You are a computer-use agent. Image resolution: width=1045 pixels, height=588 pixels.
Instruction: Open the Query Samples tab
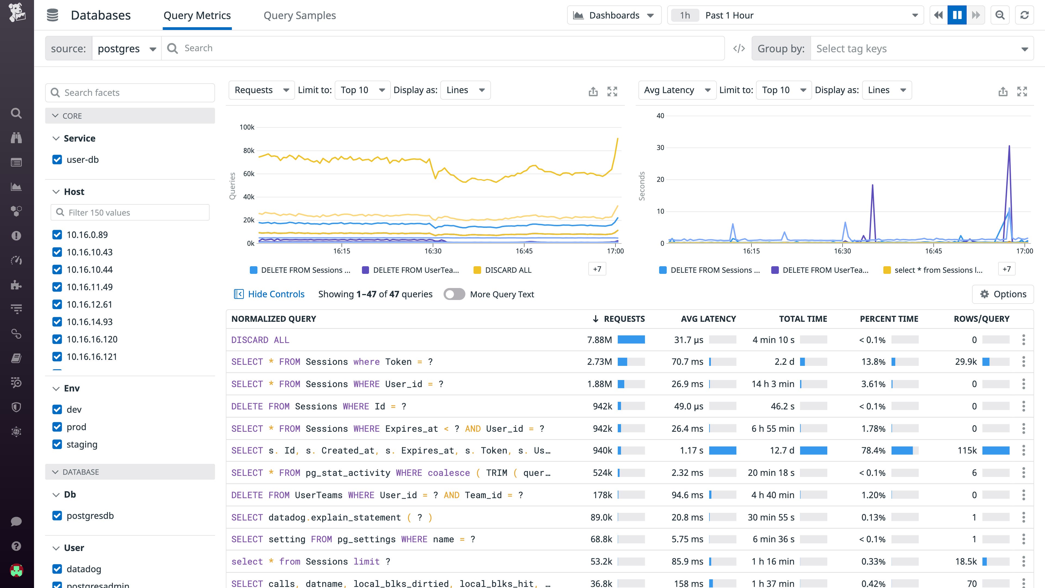[299, 16]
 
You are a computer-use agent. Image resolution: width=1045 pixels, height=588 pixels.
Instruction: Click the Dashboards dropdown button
[614, 16]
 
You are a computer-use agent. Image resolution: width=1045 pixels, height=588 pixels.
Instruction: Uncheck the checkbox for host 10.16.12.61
[57, 304]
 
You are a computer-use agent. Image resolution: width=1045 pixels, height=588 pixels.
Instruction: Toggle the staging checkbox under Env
[57, 444]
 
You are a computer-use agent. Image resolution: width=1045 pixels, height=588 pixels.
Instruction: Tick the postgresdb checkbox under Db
[57, 516]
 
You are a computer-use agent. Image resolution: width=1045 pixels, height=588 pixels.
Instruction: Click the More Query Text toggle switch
[454, 294]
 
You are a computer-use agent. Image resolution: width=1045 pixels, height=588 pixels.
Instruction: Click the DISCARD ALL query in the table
[260, 340]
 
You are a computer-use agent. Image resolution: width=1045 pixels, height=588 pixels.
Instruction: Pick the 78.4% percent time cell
[873, 451]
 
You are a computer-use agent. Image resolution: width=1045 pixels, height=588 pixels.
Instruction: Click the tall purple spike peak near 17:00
[1009, 146]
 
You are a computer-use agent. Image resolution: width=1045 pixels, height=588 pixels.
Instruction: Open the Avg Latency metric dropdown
[677, 90]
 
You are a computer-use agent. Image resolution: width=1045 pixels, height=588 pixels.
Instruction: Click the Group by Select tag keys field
[921, 49]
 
